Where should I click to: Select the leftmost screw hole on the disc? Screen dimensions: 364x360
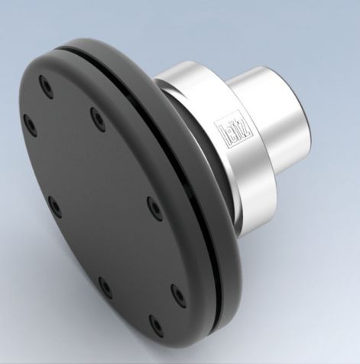(28, 122)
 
